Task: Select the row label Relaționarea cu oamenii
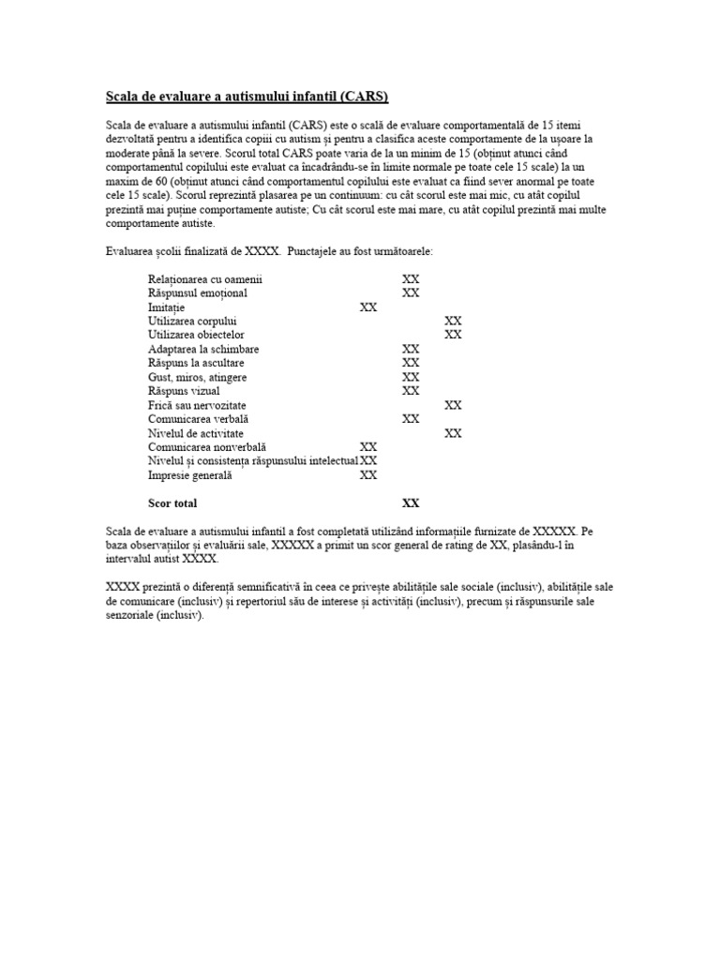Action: (x=205, y=279)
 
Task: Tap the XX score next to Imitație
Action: (x=368, y=307)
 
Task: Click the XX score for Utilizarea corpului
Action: (x=453, y=321)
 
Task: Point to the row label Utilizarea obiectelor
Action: (x=197, y=335)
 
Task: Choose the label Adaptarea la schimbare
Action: (x=203, y=349)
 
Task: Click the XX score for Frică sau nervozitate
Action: (x=453, y=405)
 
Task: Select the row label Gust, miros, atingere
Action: (x=198, y=377)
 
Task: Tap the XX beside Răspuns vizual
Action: (x=411, y=391)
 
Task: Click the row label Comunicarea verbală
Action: (x=199, y=419)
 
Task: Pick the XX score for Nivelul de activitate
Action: (x=453, y=433)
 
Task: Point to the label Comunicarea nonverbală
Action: (x=207, y=447)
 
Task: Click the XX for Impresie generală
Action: (x=368, y=475)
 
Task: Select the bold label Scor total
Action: (x=172, y=503)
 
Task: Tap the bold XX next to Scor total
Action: (x=411, y=503)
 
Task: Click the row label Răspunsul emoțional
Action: (x=198, y=293)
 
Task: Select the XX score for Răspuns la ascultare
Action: (x=411, y=363)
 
